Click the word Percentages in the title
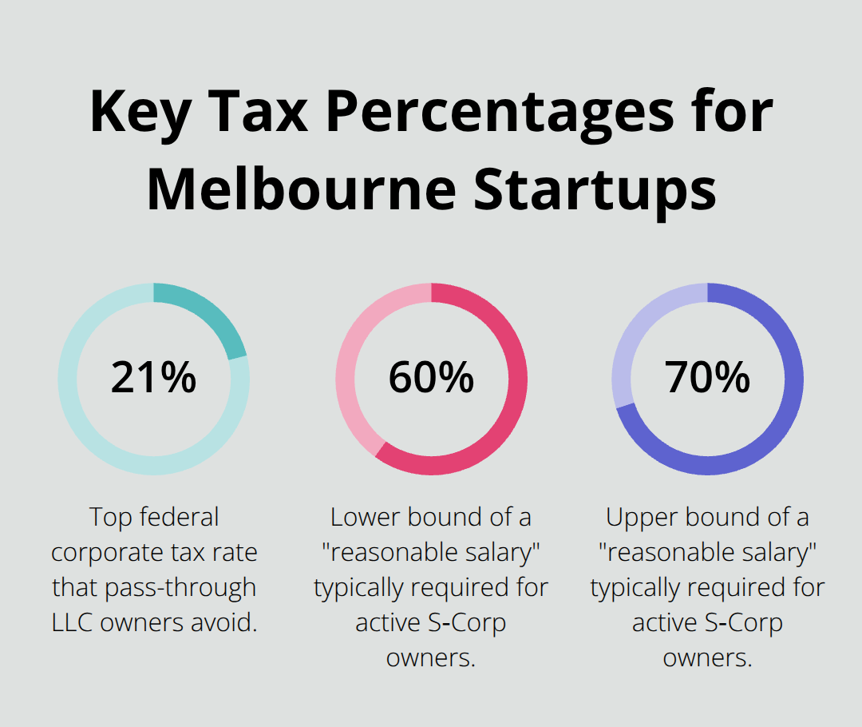(495, 112)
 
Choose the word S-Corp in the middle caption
(466, 623)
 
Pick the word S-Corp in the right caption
(743, 623)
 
